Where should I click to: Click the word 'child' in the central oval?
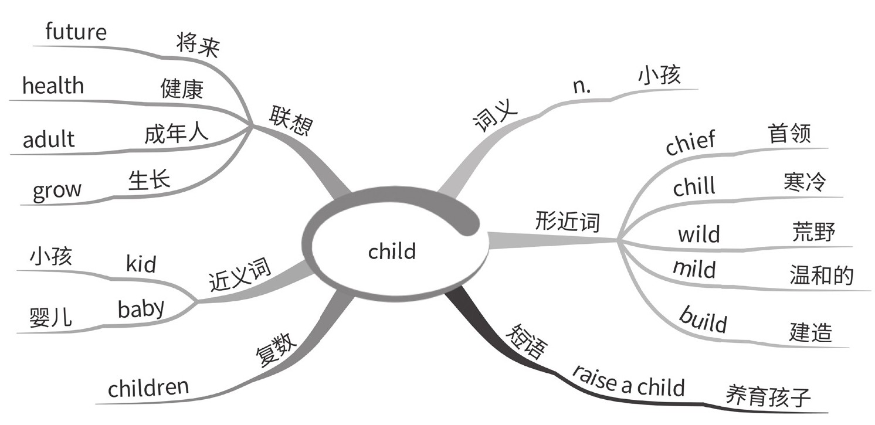(x=392, y=251)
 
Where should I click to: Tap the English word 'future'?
(x=76, y=33)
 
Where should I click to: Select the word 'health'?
(x=53, y=86)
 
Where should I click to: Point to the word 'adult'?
(x=49, y=140)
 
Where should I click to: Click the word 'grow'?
(x=57, y=191)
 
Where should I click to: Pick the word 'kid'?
(x=141, y=264)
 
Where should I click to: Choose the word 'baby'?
(x=141, y=308)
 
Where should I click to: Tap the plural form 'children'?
(x=148, y=387)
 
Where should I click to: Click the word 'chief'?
(x=691, y=143)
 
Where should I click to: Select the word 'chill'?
(x=694, y=188)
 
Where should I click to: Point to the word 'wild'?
(x=698, y=234)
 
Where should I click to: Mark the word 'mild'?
(x=694, y=269)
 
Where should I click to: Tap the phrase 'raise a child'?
(x=628, y=382)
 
